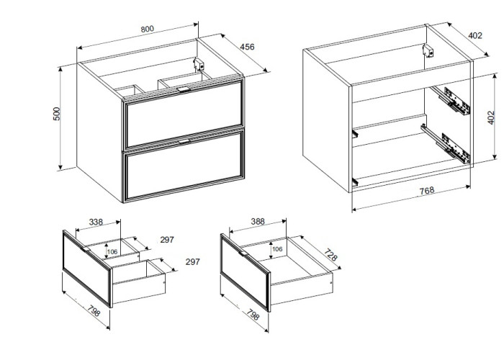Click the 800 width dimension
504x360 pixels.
(x=147, y=29)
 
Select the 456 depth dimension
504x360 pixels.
(x=247, y=47)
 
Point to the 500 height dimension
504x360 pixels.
(x=57, y=114)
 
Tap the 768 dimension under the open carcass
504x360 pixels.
(x=427, y=191)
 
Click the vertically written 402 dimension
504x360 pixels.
(x=491, y=117)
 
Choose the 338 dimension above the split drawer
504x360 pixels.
(x=96, y=222)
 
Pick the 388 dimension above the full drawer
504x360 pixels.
(x=258, y=222)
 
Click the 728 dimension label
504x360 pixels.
(x=330, y=255)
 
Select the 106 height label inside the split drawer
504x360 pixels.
(x=112, y=252)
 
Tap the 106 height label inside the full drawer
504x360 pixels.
(x=277, y=249)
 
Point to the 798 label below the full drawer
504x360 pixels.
(x=253, y=315)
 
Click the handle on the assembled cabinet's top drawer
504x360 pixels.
(x=184, y=89)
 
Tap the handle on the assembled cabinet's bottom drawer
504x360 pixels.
(x=184, y=141)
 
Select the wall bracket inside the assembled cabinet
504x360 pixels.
(x=199, y=64)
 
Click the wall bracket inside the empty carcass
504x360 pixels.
(x=428, y=51)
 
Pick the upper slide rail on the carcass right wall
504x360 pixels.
(x=450, y=100)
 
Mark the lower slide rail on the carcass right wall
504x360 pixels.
(x=446, y=143)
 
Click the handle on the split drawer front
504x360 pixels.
(x=86, y=249)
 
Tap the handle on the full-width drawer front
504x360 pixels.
(x=243, y=253)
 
